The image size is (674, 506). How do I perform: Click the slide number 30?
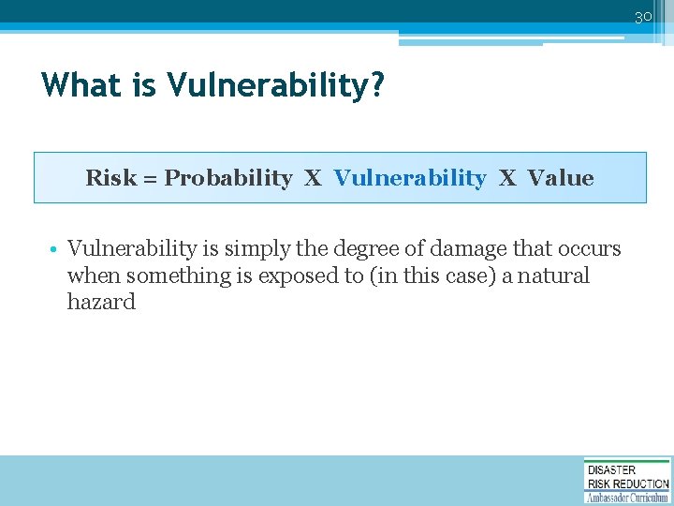click(643, 17)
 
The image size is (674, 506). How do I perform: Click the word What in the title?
click(81, 86)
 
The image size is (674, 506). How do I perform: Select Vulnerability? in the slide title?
click(276, 86)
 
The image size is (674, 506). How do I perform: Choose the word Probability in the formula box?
click(228, 178)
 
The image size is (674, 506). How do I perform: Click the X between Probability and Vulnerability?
click(313, 178)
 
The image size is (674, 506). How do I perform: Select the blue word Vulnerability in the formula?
click(410, 178)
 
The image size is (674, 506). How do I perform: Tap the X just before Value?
click(506, 178)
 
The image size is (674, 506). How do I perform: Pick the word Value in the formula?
click(560, 178)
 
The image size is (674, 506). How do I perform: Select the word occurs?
click(588, 249)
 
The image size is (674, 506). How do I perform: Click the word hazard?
click(101, 302)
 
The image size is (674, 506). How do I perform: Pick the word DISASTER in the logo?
click(611, 469)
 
